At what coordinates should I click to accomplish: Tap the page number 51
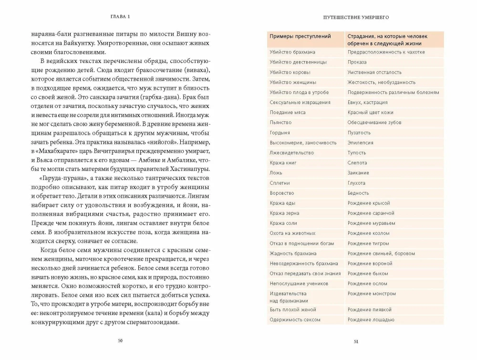[356, 341]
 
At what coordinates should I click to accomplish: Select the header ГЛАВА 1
[120, 17]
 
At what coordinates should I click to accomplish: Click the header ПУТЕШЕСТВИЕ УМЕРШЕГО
[356, 17]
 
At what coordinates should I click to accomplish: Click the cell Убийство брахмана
[292, 52]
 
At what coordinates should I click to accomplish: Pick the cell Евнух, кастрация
[367, 102]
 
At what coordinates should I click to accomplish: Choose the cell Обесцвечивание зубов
[374, 123]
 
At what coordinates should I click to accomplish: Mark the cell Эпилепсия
[360, 143]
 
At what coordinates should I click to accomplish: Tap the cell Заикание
[358, 173]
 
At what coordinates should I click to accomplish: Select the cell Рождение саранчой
[371, 213]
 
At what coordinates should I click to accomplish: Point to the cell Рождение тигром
[368, 243]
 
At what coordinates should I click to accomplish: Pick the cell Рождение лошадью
[371, 320]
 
